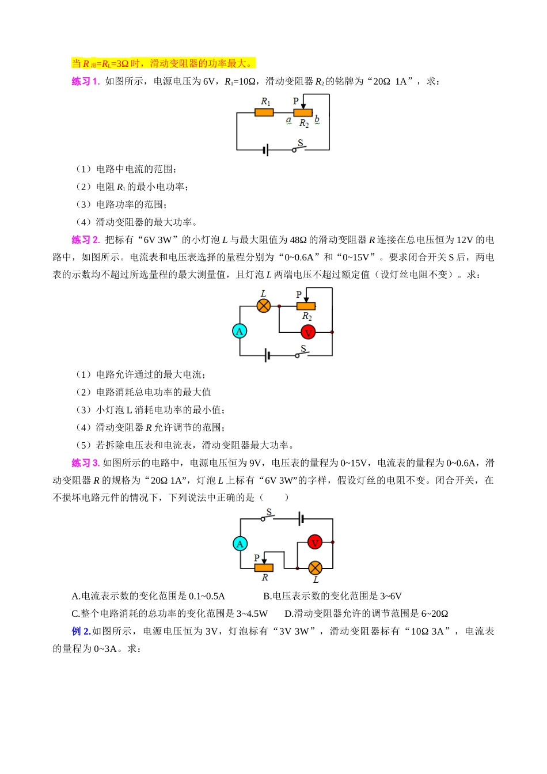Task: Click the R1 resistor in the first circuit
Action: tap(264, 112)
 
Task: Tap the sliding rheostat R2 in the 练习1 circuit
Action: tap(303, 113)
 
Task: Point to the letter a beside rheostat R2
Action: tap(288, 120)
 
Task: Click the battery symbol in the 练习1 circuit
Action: tap(265, 150)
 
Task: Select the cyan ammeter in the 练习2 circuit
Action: tap(240, 331)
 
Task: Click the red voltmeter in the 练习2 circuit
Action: tap(308, 332)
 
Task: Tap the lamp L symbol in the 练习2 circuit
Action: tap(264, 306)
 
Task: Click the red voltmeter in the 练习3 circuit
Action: tap(314, 542)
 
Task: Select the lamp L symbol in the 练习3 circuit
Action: tap(315, 568)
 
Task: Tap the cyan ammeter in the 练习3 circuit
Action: tap(240, 544)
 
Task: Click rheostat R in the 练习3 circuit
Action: tap(264, 568)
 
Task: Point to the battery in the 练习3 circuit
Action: tap(301, 519)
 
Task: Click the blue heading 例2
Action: tap(81, 631)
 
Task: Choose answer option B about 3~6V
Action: tap(332, 596)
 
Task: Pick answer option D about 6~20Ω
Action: tap(366, 614)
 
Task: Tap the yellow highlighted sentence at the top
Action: tap(164, 63)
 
